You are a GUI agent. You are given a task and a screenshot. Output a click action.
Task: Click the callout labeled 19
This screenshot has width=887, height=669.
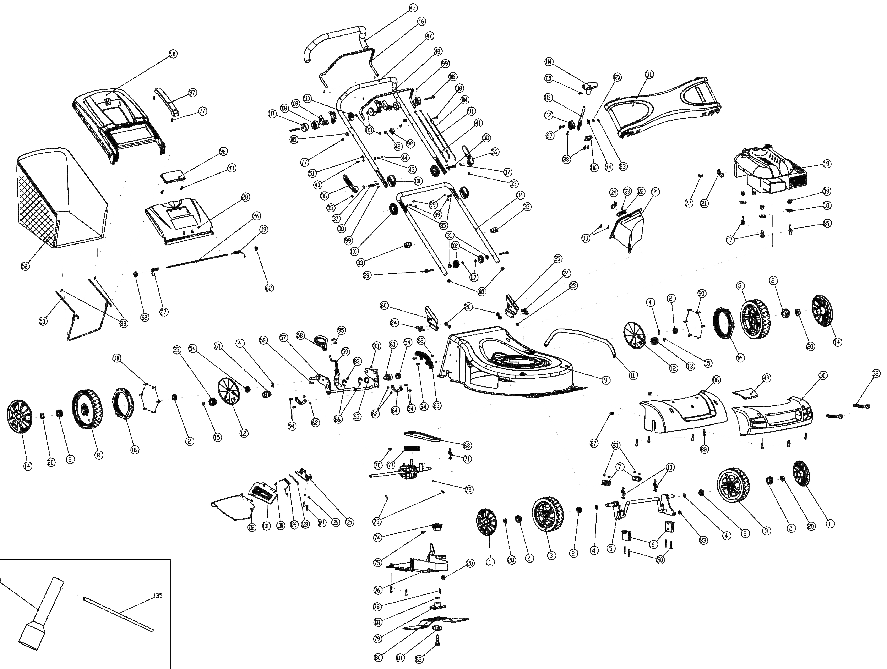pyautogui.click(x=826, y=164)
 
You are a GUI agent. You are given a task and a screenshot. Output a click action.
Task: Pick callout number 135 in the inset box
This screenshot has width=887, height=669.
pyautogui.click(x=158, y=596)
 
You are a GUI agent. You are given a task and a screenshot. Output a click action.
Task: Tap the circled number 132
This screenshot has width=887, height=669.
pyautogui.click(x=251, y=527)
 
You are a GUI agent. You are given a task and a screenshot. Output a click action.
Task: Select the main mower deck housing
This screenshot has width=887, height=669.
pyautogui.click(x=509, y=361)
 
